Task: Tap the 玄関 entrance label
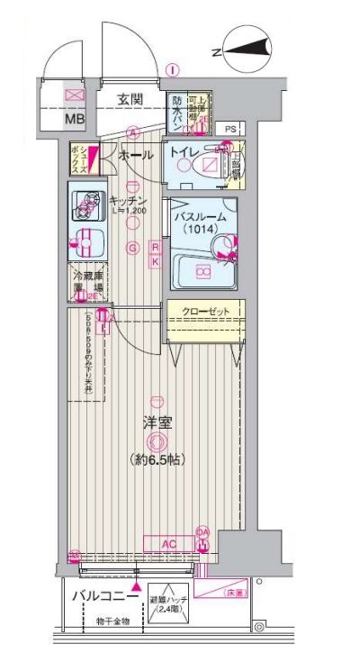click(134, 100)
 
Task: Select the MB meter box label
click(73, 117)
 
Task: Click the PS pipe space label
click(231, 130)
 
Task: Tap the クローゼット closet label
click(203, 312)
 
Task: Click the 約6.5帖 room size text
click(157, 459)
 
